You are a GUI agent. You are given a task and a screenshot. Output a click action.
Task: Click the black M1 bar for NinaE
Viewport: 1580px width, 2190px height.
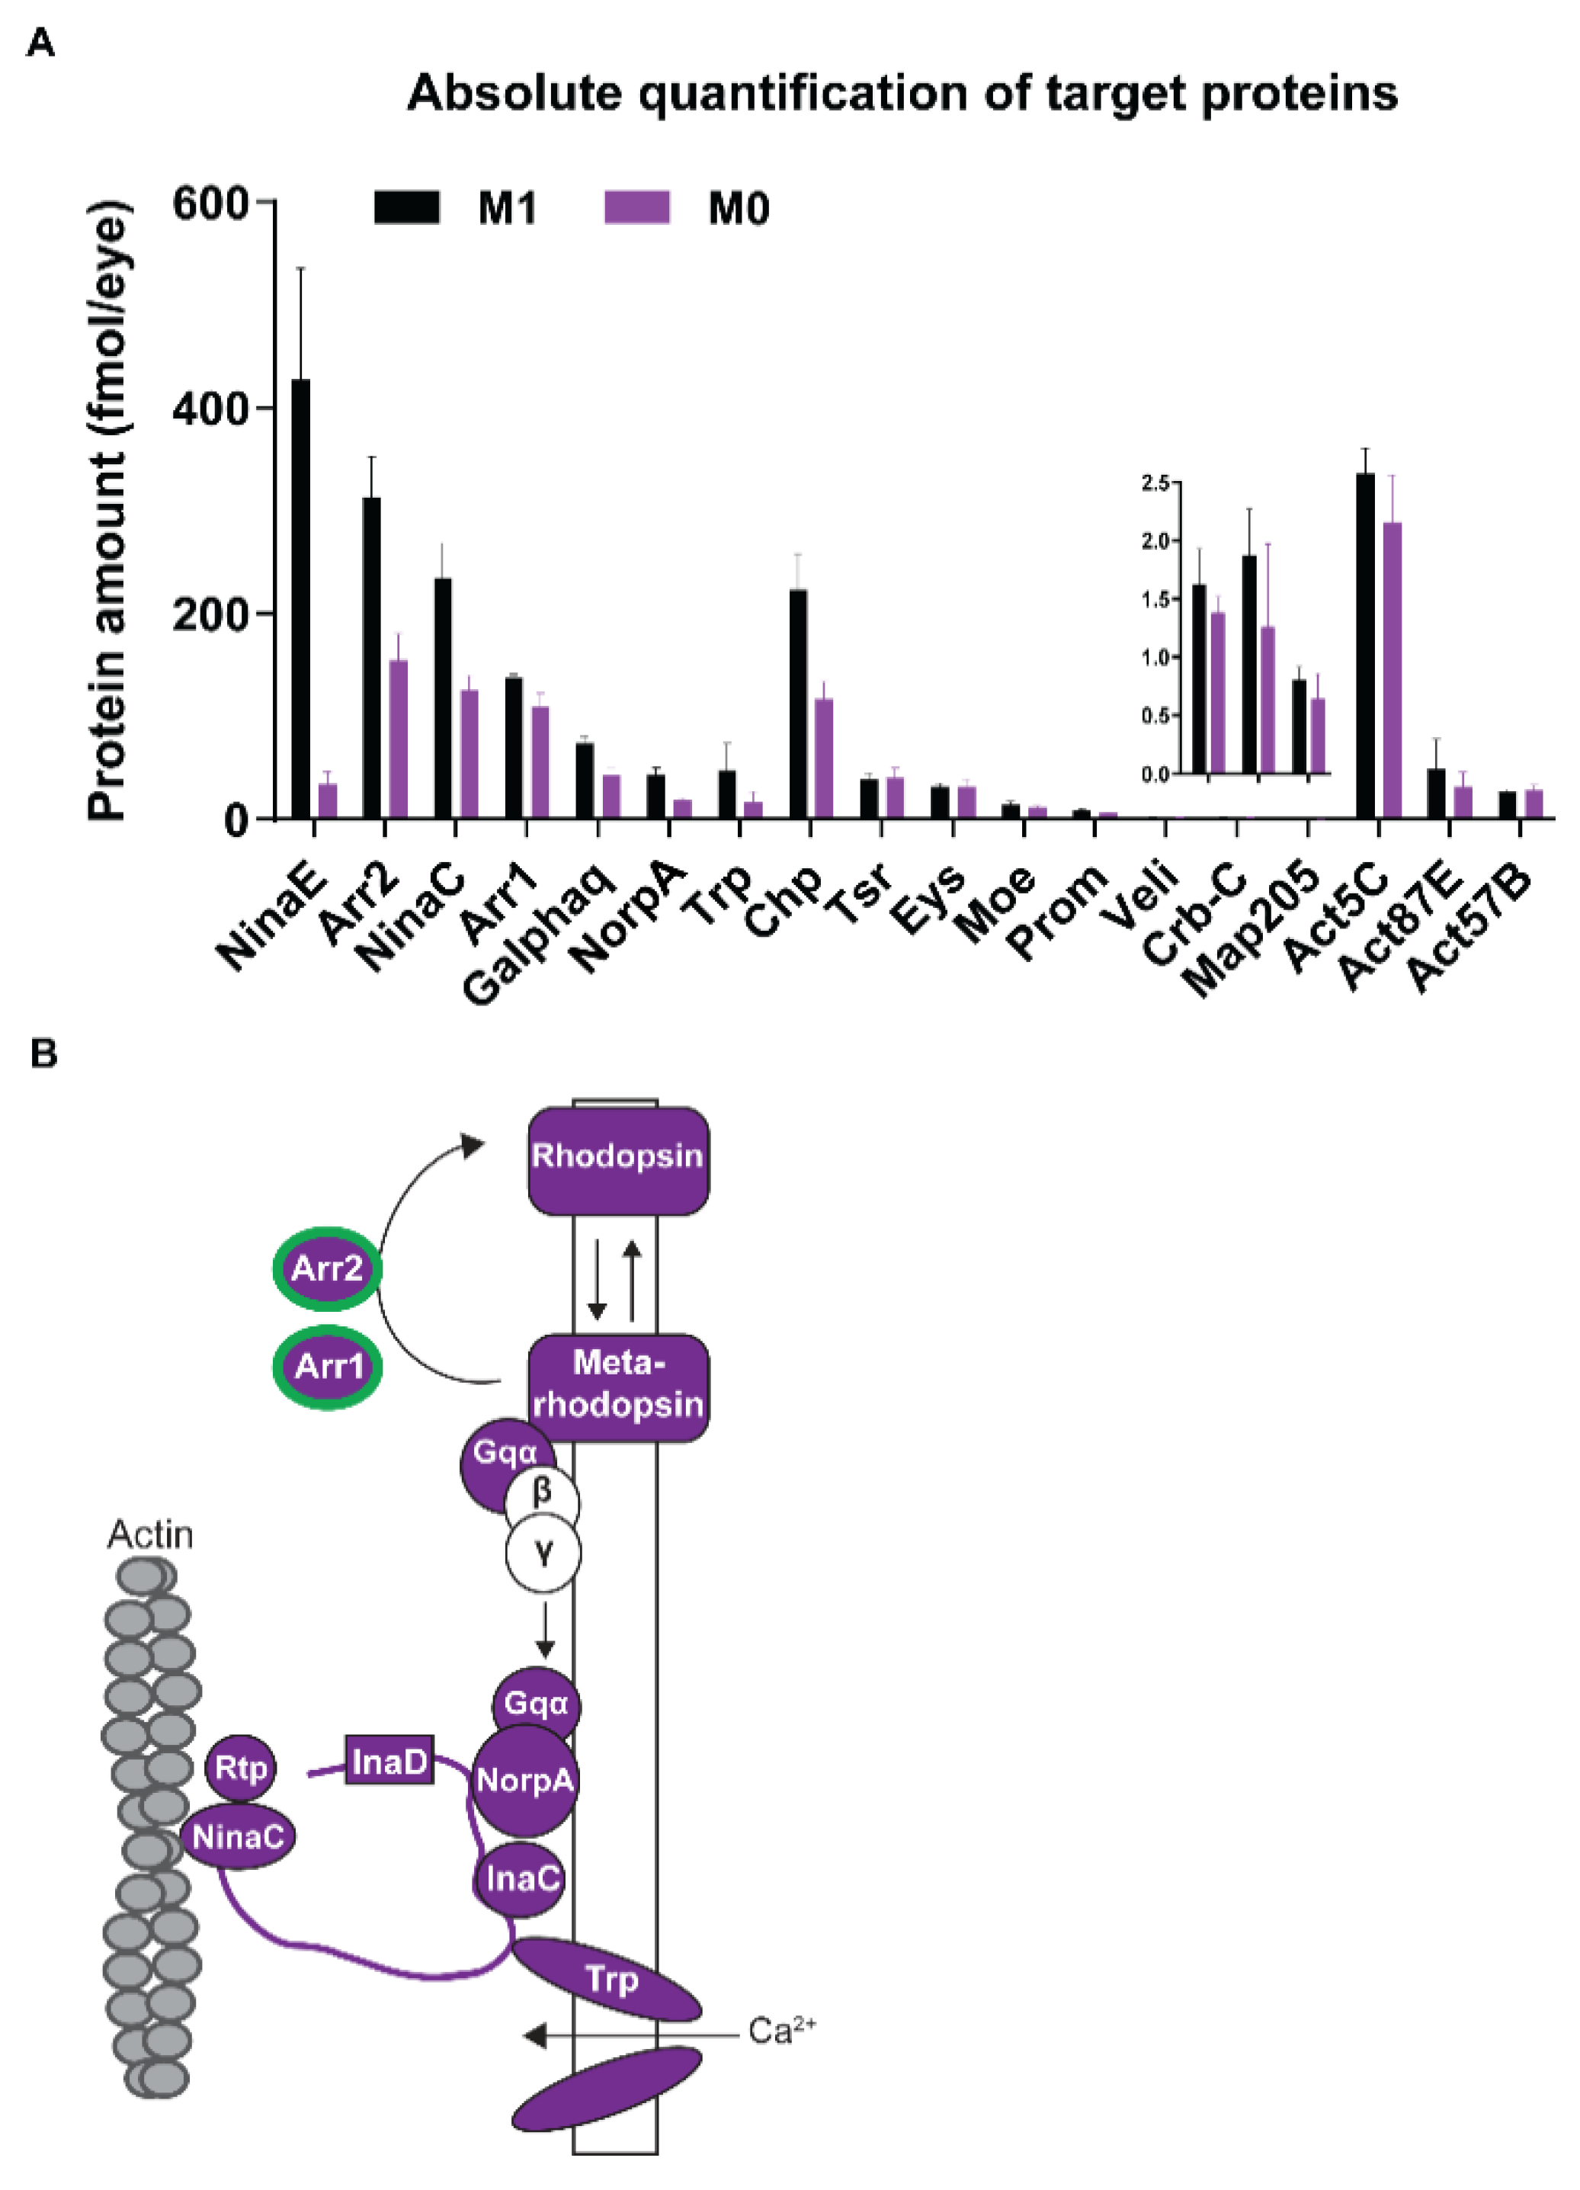click(300, 598)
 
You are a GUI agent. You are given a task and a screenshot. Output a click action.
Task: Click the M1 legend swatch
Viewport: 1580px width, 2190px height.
click(406, 207)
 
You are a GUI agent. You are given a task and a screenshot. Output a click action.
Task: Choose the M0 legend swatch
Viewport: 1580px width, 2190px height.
click(636, 207)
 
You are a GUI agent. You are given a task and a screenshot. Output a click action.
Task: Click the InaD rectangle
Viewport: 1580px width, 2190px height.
click(389, 1762)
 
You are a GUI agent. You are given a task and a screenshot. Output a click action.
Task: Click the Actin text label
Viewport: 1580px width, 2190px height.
click(149, 1534)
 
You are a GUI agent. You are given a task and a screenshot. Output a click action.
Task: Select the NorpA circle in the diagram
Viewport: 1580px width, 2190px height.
click(524, 1780)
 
